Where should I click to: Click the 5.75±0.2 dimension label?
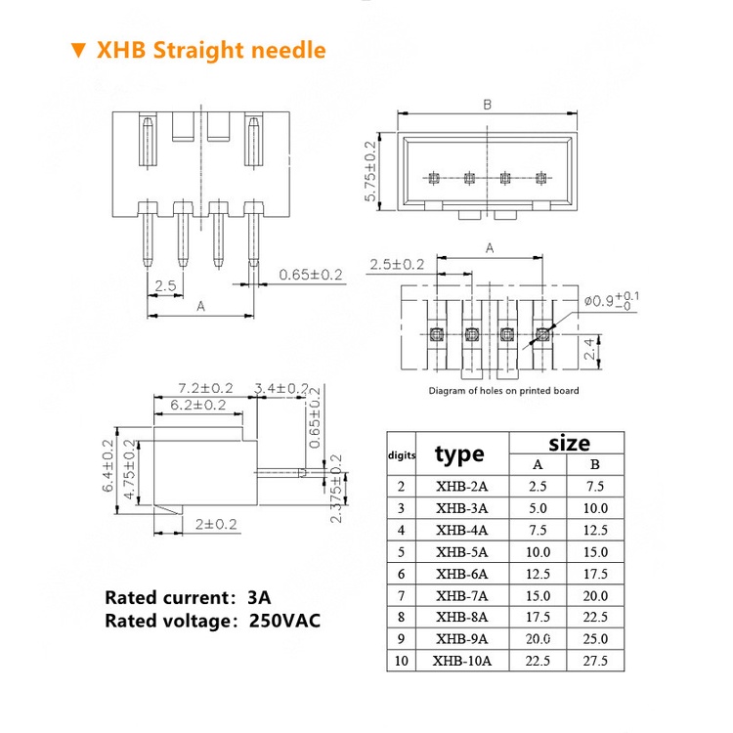pos(371,171)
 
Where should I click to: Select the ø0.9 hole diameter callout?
pos(612,300)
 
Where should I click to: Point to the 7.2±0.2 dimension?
pos(204,389)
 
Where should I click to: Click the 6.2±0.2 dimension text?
pos(197,405)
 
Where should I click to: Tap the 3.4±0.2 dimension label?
pos(281,389)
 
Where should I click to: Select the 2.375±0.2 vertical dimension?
pos(337,488)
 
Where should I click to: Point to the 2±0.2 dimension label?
pos(216,524)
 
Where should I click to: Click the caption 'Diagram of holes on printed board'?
pos(503,391)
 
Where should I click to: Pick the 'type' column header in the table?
pos(459,453)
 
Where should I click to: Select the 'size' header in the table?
pos(568,443)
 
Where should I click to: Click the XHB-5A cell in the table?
pos(461,552)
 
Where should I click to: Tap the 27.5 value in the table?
pos(595,661)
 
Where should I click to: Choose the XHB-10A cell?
pos(461,661)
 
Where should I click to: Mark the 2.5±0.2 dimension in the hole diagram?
pos(396,264)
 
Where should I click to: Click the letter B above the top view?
pos(487,105)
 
